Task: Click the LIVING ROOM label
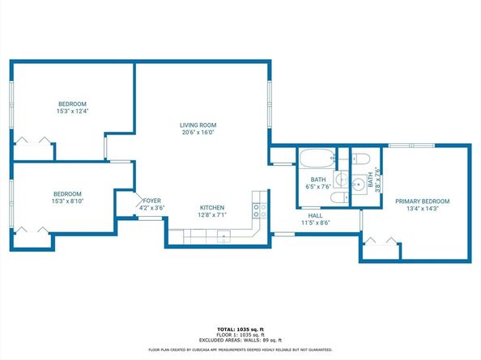point(198,125)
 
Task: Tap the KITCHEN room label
point(211,208)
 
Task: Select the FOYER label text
point(153,201)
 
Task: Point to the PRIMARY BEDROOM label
point(422,201)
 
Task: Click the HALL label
point(316,215)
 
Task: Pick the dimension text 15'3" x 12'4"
point(73,111)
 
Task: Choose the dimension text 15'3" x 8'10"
point(67,201)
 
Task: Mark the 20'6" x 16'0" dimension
point(198,133)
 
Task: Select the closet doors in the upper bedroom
point(32,141)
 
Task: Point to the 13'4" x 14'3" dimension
point(422,208)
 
